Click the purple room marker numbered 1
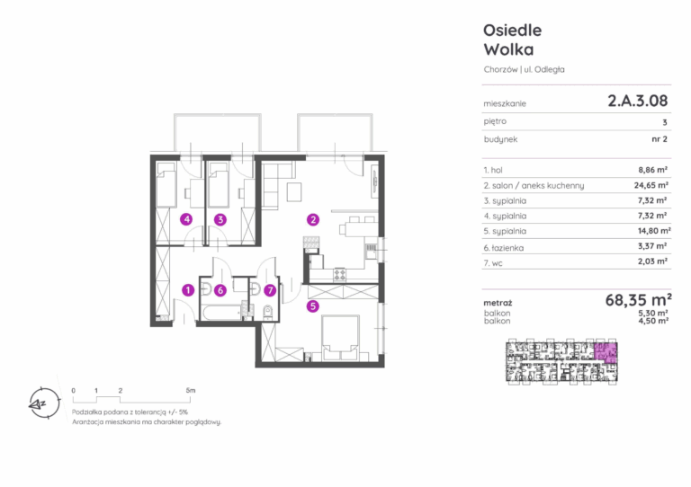[x=188, y=290]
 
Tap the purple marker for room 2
[x=313, y=219]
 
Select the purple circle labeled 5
[x=312, y=305]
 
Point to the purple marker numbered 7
[x=270, y=290]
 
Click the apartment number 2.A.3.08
[x=638, y=101]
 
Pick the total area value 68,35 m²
[x=638, y=300]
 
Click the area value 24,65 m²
[x=651, y=185]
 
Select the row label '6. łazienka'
[x=504, y=248]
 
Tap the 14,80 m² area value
[x=654, y=231]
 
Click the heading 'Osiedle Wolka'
[x=513, y=40]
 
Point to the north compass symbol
[x=43, y=403]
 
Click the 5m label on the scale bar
[x=191, y=390]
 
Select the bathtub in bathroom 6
[x=221, y=313]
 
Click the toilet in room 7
[x=267, y=313]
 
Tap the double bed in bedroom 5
[x=340, y=338]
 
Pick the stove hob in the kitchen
[x=340, y=275]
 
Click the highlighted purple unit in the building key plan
[x=606, y=353]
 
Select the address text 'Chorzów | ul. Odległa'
[x=524, y=69]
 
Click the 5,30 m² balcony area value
[x=652, y=314]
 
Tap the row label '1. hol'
[x=493, y=170]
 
